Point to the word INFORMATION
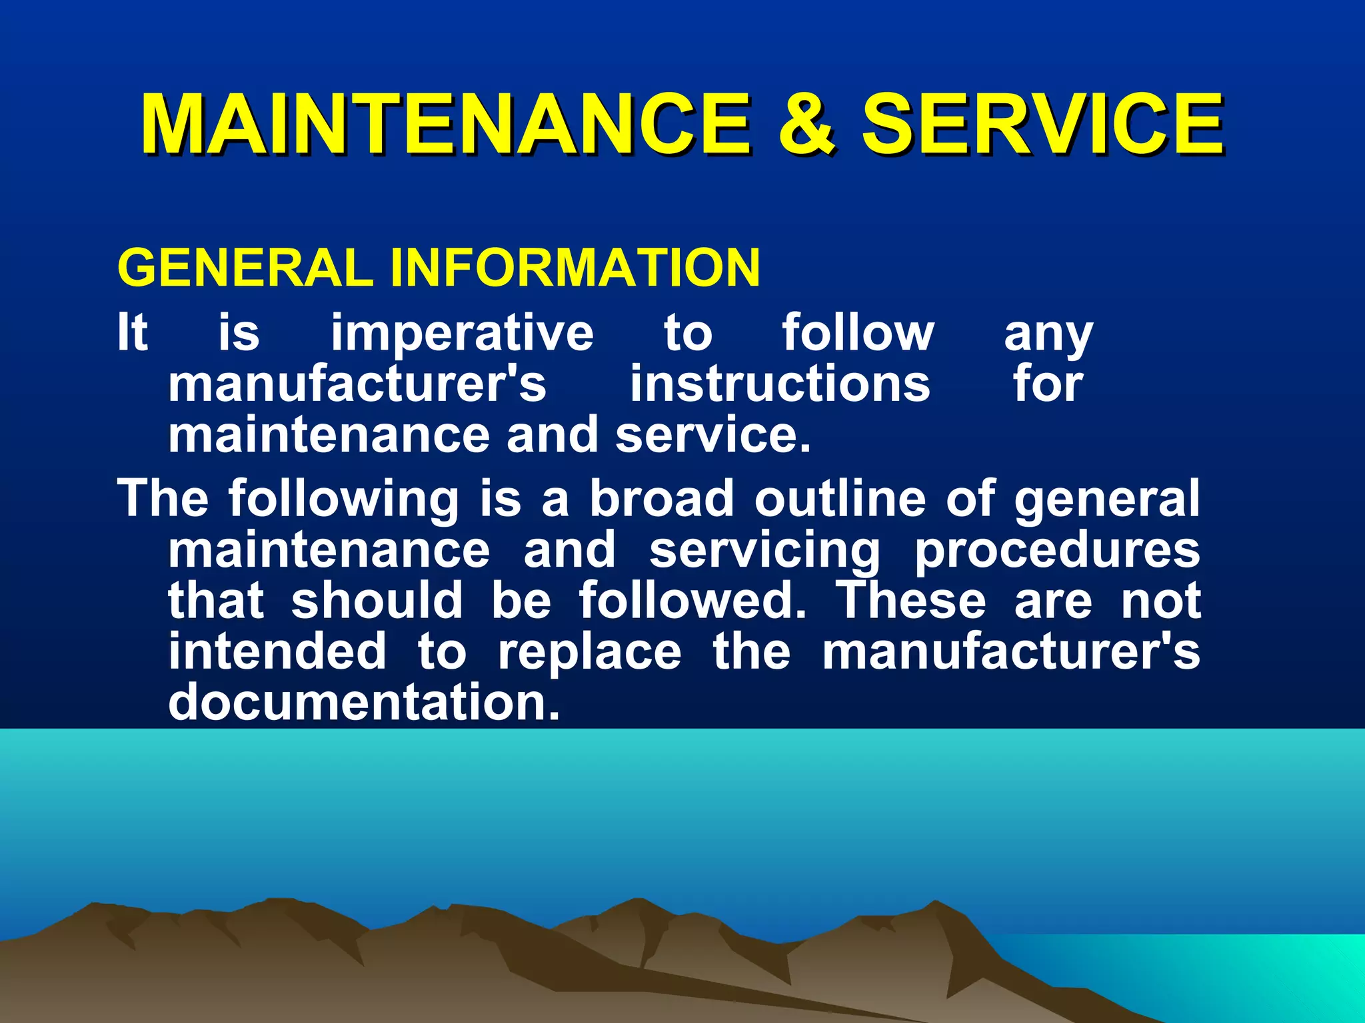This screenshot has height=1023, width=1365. [x=575, y=268]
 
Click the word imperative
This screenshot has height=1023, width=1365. [x=462, y=333]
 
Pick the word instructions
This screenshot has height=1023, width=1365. [x=780, y=384]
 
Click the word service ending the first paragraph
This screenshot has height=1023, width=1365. [x=712, y=435]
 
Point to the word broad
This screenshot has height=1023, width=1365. [x=662, y=498]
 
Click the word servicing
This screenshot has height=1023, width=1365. [x=764, y=551]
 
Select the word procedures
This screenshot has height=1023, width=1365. [x=1057, y=551]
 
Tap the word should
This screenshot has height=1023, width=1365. [x=377, y=600]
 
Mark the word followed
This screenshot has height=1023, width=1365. [x=692, y=600]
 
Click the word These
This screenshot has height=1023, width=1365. [x=911, y=600]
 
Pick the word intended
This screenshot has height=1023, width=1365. [x=277, y=651]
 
